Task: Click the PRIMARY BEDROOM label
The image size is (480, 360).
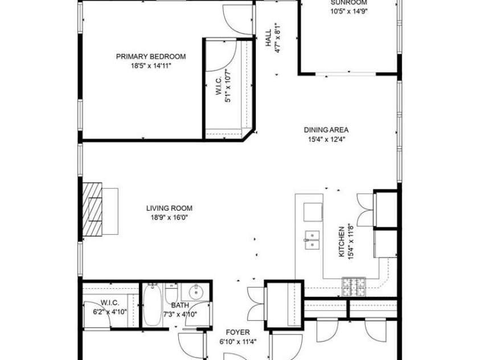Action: point(151,56)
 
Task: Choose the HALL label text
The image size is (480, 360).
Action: point(269,39)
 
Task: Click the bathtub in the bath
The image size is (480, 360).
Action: point(152,306)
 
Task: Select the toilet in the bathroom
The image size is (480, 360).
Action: point(171,294)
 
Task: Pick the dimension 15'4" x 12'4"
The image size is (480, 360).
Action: point(327,138)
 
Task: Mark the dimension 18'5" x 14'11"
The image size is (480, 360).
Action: point(151,66)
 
